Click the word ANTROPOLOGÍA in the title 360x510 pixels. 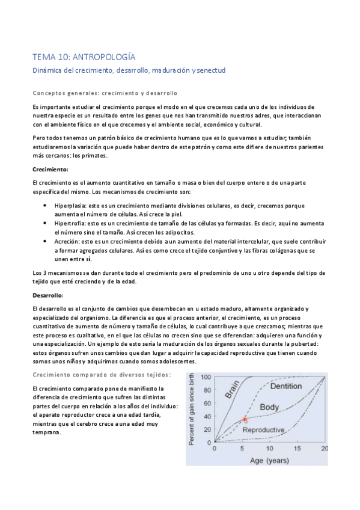(103, 57)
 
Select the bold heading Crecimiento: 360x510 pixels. (50, 170)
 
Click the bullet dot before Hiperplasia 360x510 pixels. (47, 206)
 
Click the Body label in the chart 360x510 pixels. (270, 407)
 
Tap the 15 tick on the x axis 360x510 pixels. (297, 449)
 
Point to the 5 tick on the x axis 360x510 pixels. (243, 449)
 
